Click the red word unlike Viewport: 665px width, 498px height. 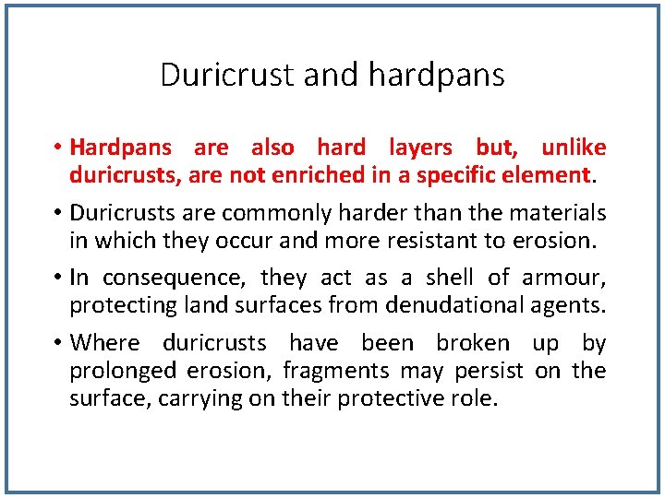574,148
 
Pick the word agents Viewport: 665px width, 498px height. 567,306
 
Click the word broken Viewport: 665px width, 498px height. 473,344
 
